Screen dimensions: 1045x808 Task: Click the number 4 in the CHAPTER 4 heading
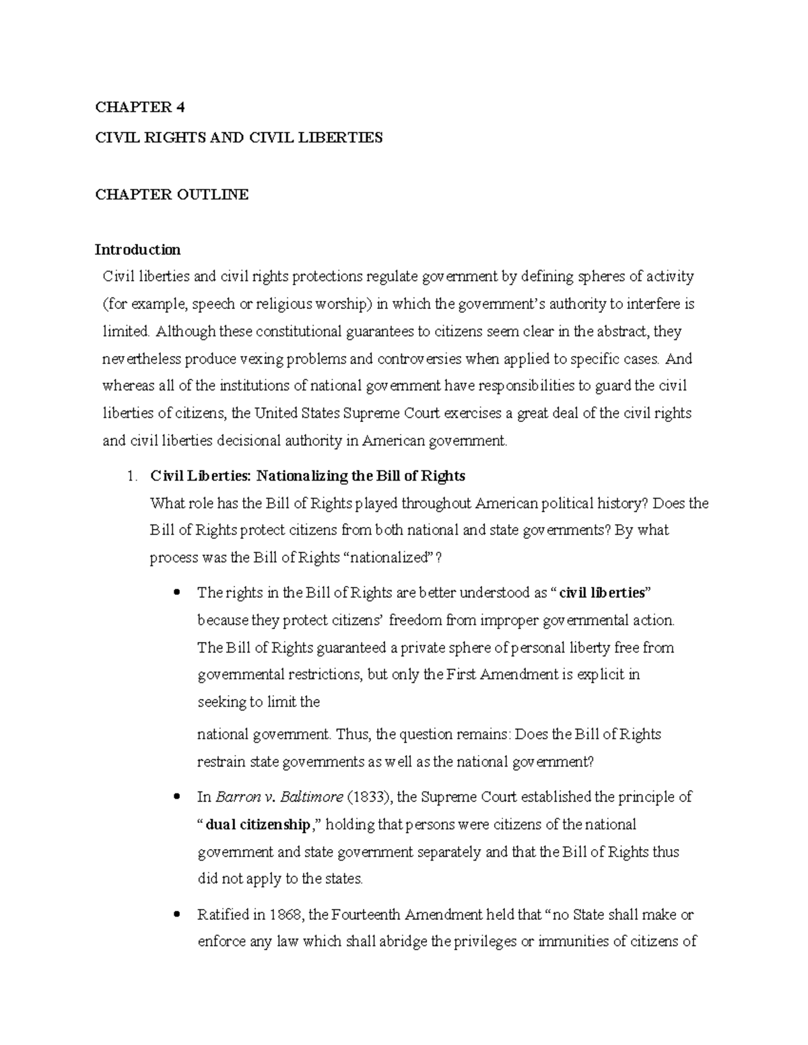[x=180, y=108]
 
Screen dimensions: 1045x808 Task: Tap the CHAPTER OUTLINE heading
[x=172, y=195]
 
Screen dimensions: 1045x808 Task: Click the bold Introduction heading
[x=137, y=250]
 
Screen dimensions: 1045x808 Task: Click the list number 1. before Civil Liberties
[x=132, y=476]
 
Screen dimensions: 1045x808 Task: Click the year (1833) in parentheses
[x=370, y=797]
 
